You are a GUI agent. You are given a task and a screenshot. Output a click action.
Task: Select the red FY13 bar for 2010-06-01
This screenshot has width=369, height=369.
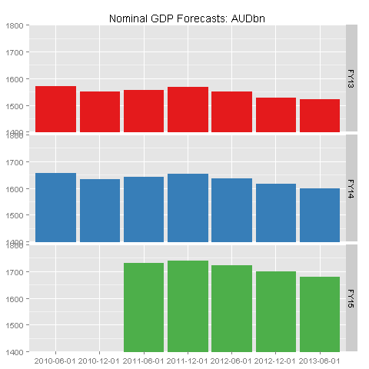[x=55, y=109]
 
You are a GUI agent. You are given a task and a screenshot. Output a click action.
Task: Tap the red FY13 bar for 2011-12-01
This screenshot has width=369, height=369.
[x=188, y=109]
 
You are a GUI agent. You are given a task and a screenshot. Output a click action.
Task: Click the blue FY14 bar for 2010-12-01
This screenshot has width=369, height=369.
[x=100, y=211]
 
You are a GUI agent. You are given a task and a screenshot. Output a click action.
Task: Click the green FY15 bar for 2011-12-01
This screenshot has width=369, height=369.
[x=188, y=306]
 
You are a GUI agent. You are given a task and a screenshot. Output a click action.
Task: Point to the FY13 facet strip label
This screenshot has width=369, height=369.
[x=351, y=78]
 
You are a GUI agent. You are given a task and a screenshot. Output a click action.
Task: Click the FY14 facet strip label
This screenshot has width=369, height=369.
[x=351, y=188]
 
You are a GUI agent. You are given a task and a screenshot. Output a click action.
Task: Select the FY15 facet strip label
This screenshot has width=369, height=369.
[x=351, y=298]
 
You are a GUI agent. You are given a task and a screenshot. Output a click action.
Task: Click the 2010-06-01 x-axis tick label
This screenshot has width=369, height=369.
[x=55, y=360]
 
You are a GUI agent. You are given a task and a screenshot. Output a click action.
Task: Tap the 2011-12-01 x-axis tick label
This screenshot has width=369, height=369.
[x=188, y=360]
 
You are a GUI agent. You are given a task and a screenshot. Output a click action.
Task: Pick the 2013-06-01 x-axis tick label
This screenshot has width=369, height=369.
[x=320, y=360]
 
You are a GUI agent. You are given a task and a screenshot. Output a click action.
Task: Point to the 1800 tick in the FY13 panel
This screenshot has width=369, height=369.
[x=16, y=25]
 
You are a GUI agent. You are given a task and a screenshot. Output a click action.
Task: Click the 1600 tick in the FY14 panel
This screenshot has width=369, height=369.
[x=16, y=189]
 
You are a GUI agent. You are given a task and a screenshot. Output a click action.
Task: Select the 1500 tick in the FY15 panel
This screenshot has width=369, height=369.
[x=16, y=326]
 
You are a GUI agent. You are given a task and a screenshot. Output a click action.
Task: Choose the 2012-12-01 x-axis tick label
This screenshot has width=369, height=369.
[x=276, y=360]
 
